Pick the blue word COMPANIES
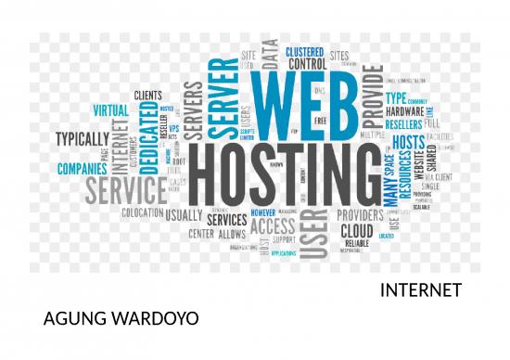coord(83,170)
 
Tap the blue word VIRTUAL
coord(111,109)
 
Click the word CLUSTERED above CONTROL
coord(304,51)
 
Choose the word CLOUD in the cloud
coord(357,231)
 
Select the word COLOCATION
coord(141,212)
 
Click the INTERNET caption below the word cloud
coord(421,291)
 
